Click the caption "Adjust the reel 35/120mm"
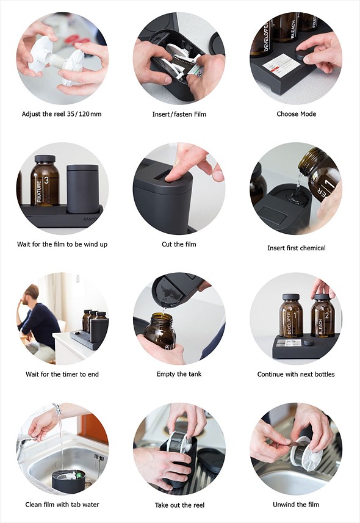(62, 114)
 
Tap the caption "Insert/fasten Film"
(179, 114)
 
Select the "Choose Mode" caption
(297, 114)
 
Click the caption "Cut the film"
(179, 244)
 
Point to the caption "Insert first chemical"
(297, 248)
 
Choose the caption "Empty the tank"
(179, 374)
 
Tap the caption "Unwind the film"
(296, 504)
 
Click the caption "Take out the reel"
(179, 505)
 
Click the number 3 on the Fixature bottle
(46, 181)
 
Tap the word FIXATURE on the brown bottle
(39, 192)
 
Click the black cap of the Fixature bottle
(45, 159)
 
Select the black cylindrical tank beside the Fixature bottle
(82, 189)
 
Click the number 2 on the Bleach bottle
(327, 316)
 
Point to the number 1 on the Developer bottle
(295, 316)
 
